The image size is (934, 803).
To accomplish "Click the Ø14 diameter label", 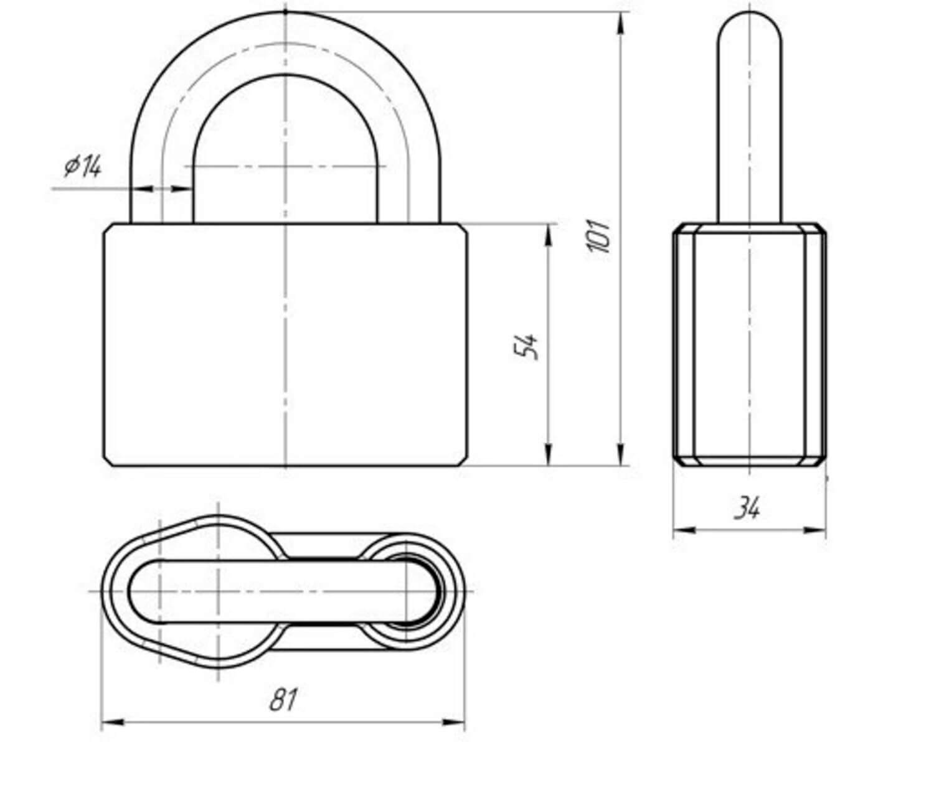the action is click(83, 166).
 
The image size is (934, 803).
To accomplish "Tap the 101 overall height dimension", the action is click(598, 236).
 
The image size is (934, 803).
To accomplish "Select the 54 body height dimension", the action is click(527, 347).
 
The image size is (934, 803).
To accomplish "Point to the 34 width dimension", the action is click(747, 507).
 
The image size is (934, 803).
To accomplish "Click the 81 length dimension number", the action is click(283, 700).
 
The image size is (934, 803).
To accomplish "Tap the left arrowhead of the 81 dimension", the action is click(112, 723).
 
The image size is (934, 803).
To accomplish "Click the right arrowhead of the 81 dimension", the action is click(453, 723).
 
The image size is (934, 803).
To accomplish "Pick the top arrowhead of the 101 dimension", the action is click(622, 22).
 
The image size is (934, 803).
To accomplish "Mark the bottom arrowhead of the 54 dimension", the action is click(549, 454).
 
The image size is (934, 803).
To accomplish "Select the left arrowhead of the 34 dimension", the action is click(684, 530).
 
